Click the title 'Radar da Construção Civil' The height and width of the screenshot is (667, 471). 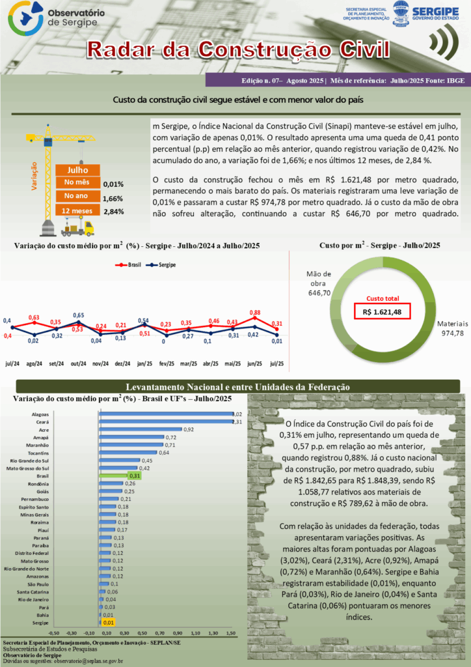click(x=238, y=50)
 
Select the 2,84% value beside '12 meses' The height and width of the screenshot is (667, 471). click(x=113, y=212)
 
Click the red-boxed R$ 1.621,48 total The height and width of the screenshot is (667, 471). click(x=382, y=312)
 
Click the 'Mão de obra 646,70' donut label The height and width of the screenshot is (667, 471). click(x=318, y=284)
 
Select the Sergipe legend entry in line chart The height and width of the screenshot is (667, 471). click(x=163, y=265)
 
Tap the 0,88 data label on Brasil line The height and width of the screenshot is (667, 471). click(x=255, y=313)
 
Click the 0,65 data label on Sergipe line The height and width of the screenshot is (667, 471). click(x=78, y=315)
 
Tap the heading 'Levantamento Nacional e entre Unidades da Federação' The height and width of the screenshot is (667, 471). click(x=237, y=387)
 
